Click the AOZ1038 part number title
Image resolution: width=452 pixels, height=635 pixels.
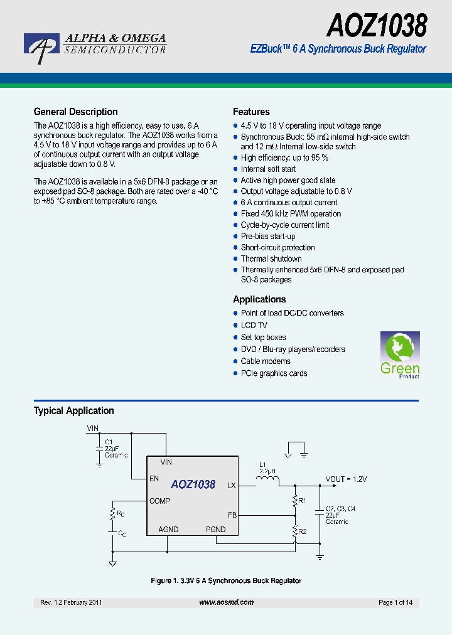(377, 26)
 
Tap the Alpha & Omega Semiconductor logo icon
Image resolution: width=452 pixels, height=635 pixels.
(41, 47)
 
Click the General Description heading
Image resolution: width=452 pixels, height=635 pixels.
(75, 112)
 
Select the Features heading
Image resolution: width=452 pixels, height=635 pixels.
(251, 112)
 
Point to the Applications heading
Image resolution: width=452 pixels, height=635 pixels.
(259, 299)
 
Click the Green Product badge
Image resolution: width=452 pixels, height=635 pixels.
(400, 355)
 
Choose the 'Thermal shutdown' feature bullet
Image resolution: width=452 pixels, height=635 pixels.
(271, 259)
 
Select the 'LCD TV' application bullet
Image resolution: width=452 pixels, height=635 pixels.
(254, 325)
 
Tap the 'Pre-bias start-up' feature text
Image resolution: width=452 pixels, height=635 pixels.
(268, 236)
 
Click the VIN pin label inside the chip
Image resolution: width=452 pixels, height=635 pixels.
(166, 462)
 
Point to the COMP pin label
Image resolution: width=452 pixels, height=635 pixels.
(159, 501)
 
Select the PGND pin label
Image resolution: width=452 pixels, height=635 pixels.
(215, 530)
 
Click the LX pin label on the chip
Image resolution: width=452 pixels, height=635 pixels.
(231, 485)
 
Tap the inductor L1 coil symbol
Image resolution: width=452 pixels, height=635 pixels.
(267, 481)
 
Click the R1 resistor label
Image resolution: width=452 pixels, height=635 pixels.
(302, 501)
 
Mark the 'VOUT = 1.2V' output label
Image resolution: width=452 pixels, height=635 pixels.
(346, 479)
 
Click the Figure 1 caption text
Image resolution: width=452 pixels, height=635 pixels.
(226, 580)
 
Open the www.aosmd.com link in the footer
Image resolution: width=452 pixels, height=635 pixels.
(226, 602)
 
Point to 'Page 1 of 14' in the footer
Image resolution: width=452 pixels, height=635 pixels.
(395, 602)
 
